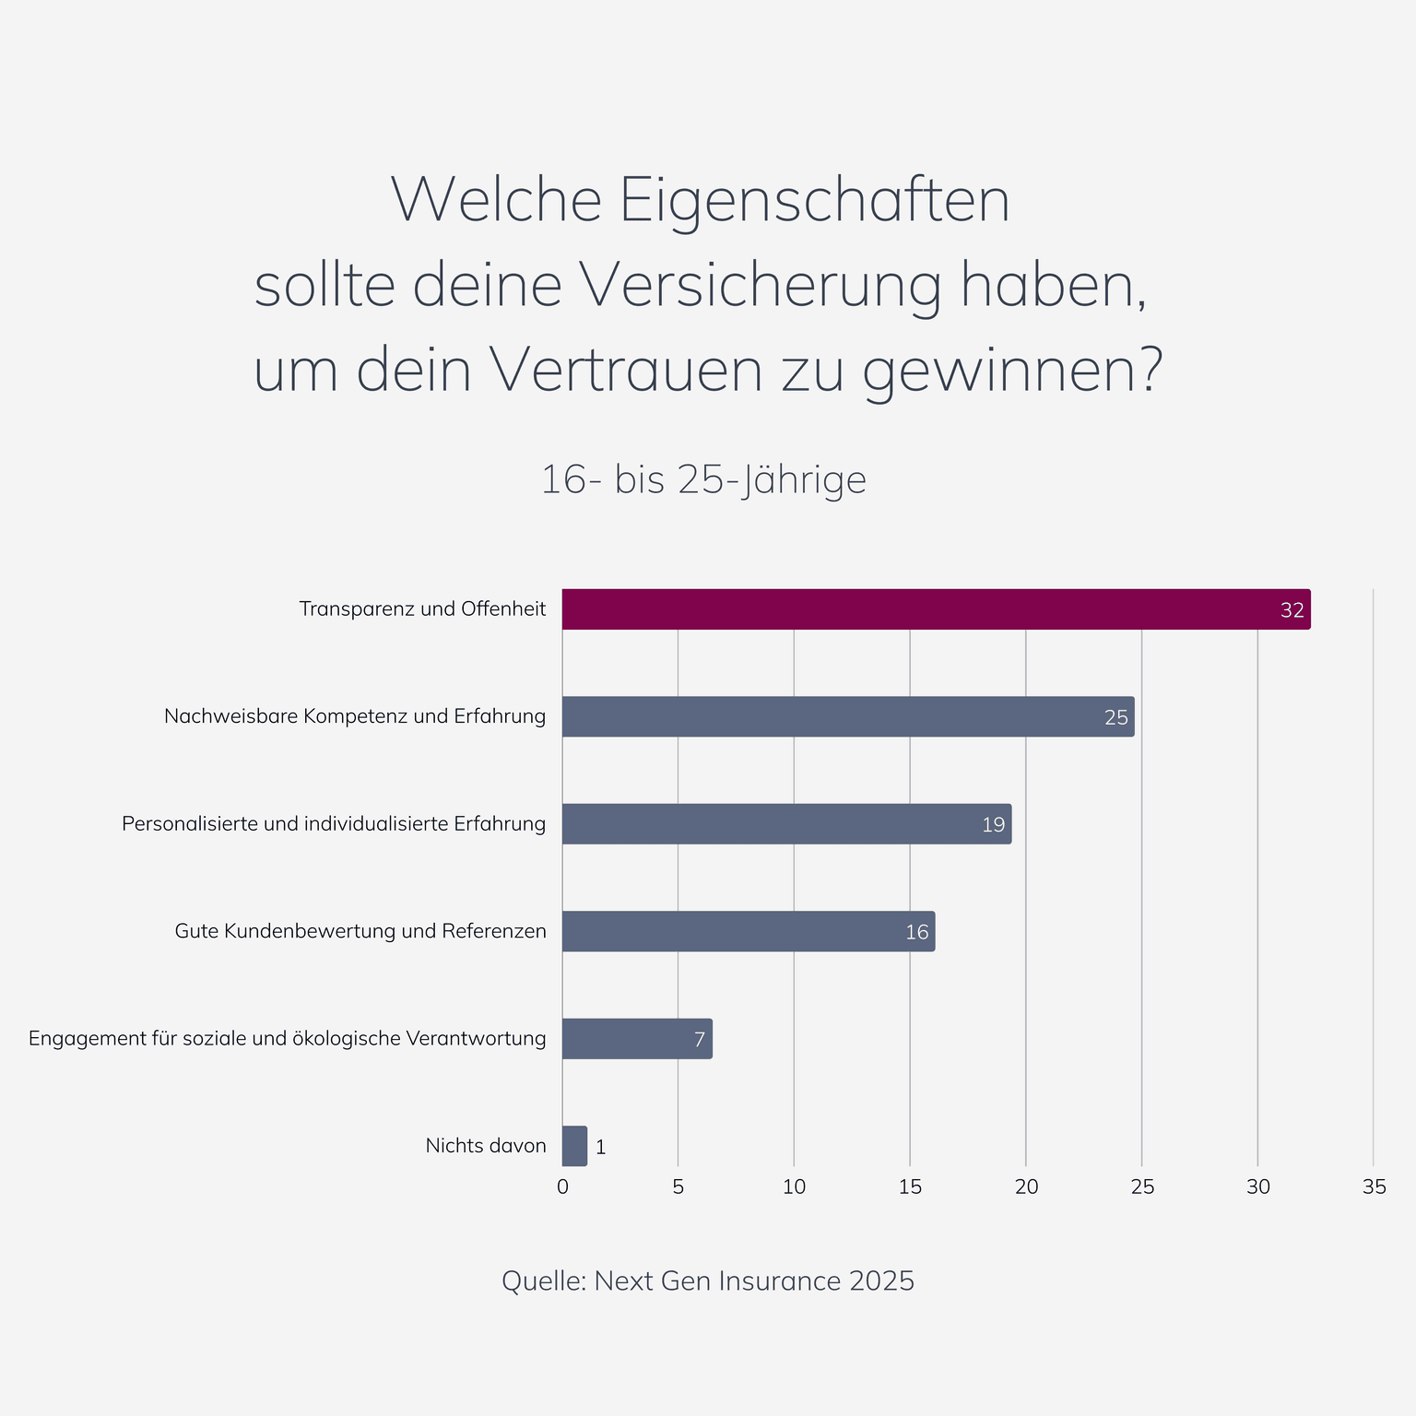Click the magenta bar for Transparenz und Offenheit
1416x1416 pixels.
936,609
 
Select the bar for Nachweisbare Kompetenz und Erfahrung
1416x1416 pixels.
848,716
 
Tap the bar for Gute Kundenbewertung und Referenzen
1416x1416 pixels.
749,931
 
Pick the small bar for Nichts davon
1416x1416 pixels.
574,1146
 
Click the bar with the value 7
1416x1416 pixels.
637,1039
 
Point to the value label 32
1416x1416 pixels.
1292,610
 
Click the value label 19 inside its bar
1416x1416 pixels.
993,824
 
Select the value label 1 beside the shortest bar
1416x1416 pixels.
601,1147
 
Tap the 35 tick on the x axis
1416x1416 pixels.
1374,1187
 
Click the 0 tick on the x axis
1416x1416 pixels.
562,1187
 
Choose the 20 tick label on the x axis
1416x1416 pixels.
1026,1187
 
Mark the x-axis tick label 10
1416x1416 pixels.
794,1187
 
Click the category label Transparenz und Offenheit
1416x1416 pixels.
422,609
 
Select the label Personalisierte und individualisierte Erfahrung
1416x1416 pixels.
334,823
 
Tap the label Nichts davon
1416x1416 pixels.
486,1146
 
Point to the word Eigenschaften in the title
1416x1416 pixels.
815,200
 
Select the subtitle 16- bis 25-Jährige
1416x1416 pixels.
703,479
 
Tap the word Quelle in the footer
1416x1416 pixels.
542,1280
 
